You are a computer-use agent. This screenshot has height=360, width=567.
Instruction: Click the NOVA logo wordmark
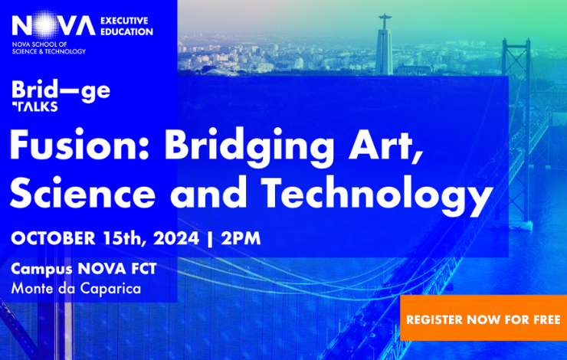pos(54,25)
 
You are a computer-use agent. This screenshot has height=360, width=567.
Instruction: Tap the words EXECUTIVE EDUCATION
pos(126,26)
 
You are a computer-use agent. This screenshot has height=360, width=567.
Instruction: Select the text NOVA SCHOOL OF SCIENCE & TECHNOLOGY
pos(49,47)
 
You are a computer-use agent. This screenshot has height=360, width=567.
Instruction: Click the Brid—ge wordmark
pos(61,91)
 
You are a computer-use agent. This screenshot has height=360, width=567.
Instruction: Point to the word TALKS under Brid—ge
pos(34,106)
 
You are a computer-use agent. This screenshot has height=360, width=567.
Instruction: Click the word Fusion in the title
pos(79,145)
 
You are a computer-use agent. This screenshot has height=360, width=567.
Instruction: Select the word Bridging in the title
pos(249,147)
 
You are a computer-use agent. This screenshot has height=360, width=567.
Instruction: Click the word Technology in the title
pos(377,195)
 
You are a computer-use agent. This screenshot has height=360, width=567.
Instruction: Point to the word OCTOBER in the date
pos(53,238)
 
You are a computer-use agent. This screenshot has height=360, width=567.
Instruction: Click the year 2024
pos(176,238)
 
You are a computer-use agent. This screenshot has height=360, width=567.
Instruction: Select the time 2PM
pos(241,238)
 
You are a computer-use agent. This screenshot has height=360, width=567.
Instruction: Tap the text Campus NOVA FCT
pos(84,270)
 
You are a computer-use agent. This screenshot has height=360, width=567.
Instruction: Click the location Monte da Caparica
pos(76,289)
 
